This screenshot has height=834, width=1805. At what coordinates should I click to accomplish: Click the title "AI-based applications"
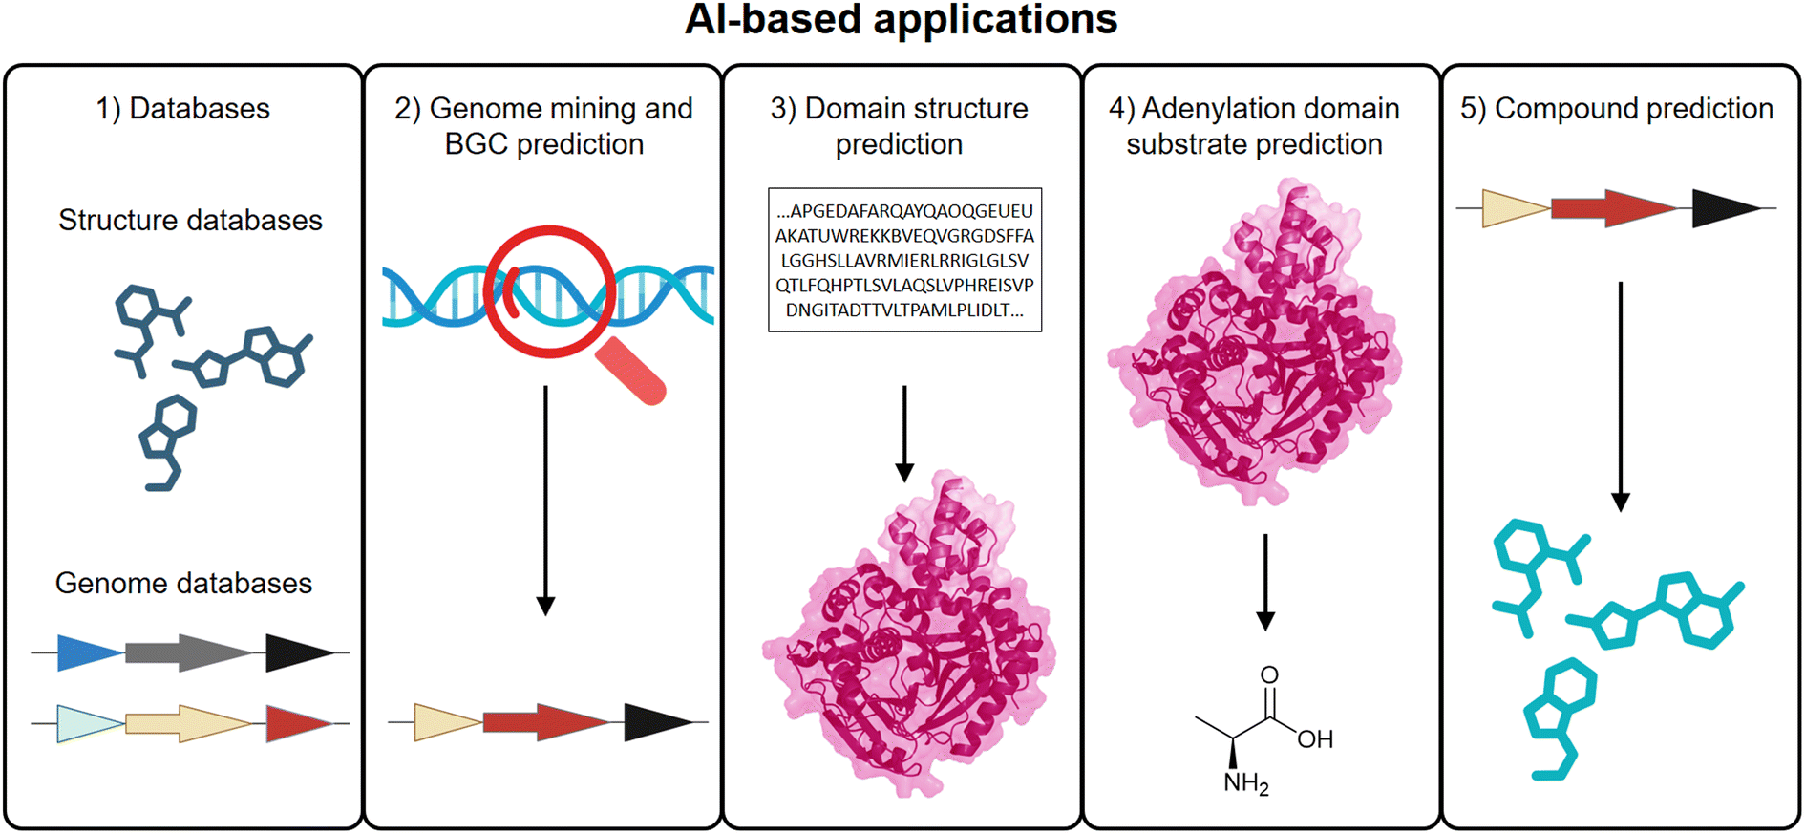tap(901, 20)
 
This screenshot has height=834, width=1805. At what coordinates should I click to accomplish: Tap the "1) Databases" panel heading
tap(182, 109)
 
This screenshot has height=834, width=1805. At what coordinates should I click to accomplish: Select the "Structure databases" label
tap(190, 220)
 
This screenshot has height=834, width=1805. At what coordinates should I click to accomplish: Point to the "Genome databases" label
tap(183, 583)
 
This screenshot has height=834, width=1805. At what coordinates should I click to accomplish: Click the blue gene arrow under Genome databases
tap(90, 652)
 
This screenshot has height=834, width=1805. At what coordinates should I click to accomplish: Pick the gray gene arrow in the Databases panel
tap(188, 652)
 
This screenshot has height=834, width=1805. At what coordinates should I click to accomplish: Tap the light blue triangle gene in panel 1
tap(90, 723)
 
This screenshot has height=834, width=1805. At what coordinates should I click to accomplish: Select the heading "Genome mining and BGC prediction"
tap(543, 126)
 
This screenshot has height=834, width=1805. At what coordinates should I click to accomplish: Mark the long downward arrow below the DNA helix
tap(545, 501)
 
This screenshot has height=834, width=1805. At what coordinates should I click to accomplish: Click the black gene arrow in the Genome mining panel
tap(658, 722)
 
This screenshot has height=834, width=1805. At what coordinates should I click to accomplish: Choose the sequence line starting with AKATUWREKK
tap(904, 236)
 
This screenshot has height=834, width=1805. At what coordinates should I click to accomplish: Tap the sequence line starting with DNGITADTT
tap(904, 310)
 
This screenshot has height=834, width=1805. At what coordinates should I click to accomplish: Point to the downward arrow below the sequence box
tap(904, 434)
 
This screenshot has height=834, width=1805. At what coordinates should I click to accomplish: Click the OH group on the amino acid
tap(1315, 738)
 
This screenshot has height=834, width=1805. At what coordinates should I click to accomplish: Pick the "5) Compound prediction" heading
tap(1617, 109)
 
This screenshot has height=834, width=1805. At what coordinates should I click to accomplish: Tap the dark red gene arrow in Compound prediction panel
tap(1612, 208)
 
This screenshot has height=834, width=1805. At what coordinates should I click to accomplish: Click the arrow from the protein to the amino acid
tap(1265, 583)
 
